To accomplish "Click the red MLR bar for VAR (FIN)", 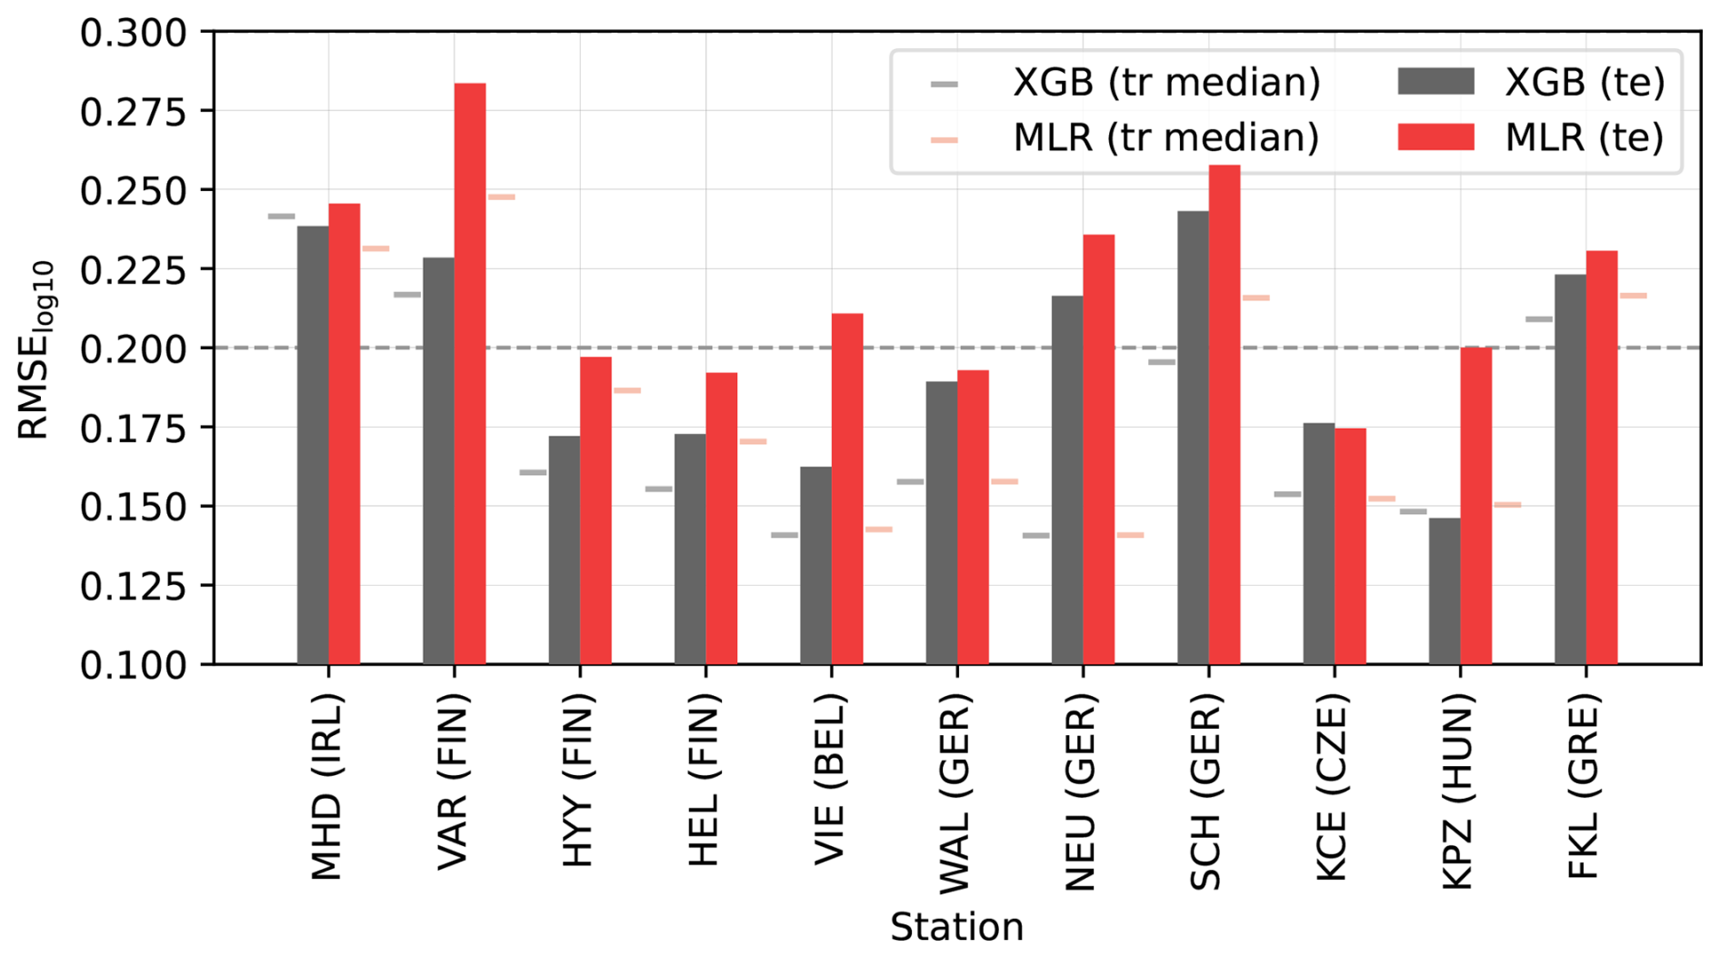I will [x=470, y=373].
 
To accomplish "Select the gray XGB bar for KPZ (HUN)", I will [x=1444, y=591].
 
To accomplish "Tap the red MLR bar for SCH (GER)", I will [x=1225, y=414].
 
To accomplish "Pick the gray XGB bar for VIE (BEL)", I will [x=815, y=565].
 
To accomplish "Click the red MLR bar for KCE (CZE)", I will [x=1350, y=546].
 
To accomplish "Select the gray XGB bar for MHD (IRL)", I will [x=313, y=445].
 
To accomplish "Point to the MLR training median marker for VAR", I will [x=501, y=197].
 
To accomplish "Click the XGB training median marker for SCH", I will [x=1161, y=362].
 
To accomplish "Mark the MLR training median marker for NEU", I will [x=1130, y=535].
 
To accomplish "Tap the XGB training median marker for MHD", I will [x=281, y=217].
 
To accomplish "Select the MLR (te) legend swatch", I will [x=1435, y=137].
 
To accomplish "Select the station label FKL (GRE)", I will [x=1585, y=788].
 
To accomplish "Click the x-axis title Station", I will [x=956, y=927].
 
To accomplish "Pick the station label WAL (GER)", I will [x=955, y=792].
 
